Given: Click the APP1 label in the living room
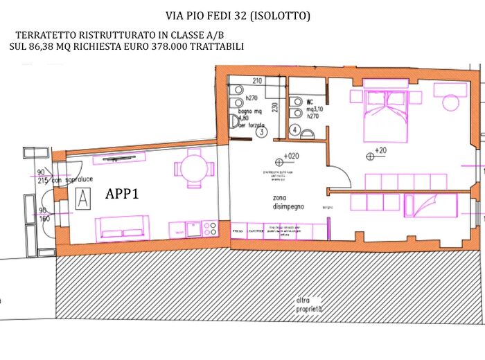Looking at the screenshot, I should pos(122,195).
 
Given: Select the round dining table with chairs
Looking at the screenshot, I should pos(191,168).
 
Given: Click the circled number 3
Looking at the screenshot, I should pos(261,132).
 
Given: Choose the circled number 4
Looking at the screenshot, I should pos(294,129).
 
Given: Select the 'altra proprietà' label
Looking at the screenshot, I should pos(310,304).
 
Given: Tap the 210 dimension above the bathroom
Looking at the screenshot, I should pos(256,80).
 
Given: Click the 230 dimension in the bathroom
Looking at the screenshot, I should pos(275,107).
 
